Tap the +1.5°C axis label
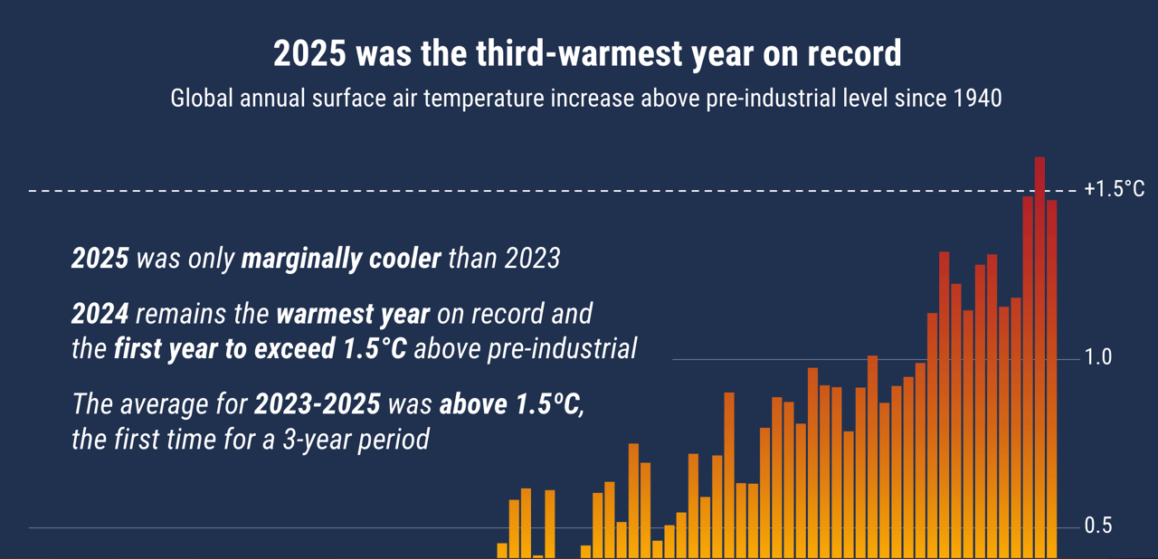coord(1114,189)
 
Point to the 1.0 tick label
coord(1098,358)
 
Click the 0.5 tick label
coord(1098,526)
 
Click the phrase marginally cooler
coord(341,259)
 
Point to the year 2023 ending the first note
coord(532,259)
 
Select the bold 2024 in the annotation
coord(100,314)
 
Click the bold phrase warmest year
coord(353,314)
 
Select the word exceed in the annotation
coord(286,349)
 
